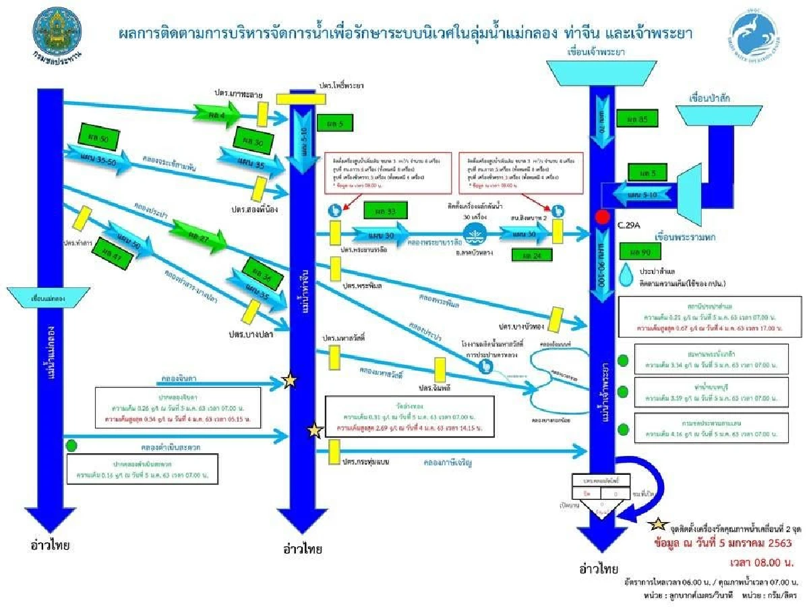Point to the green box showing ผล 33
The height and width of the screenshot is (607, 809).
click(x=382, y=212)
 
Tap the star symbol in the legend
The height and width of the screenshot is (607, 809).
click(x=659, y=525)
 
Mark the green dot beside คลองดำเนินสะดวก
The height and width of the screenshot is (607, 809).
click(x=71, y=445)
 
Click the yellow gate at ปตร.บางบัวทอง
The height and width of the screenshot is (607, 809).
click(x=557, y=318)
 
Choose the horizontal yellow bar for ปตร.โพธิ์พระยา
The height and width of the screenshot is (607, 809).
click(x=301, y=98)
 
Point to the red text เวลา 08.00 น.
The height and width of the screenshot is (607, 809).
click(x=758, y=562)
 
